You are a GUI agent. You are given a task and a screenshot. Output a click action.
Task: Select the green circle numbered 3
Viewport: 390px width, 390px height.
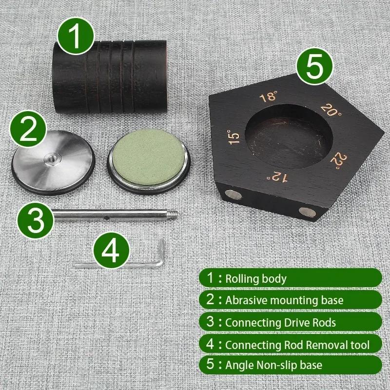[36, 221]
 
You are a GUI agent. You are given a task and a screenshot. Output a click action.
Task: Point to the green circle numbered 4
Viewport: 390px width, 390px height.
[112, 251]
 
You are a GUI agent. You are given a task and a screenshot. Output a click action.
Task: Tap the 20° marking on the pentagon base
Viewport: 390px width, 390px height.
[331, 111]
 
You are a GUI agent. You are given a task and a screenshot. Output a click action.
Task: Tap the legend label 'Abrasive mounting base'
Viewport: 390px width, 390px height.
[284, 300]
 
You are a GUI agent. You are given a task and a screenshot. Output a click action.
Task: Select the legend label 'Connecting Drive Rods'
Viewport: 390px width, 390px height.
[280, 322]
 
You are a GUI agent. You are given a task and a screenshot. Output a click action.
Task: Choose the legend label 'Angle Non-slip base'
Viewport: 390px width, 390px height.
[273, 364]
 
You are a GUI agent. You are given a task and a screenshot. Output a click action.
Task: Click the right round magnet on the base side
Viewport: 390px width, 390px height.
[307, 211]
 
